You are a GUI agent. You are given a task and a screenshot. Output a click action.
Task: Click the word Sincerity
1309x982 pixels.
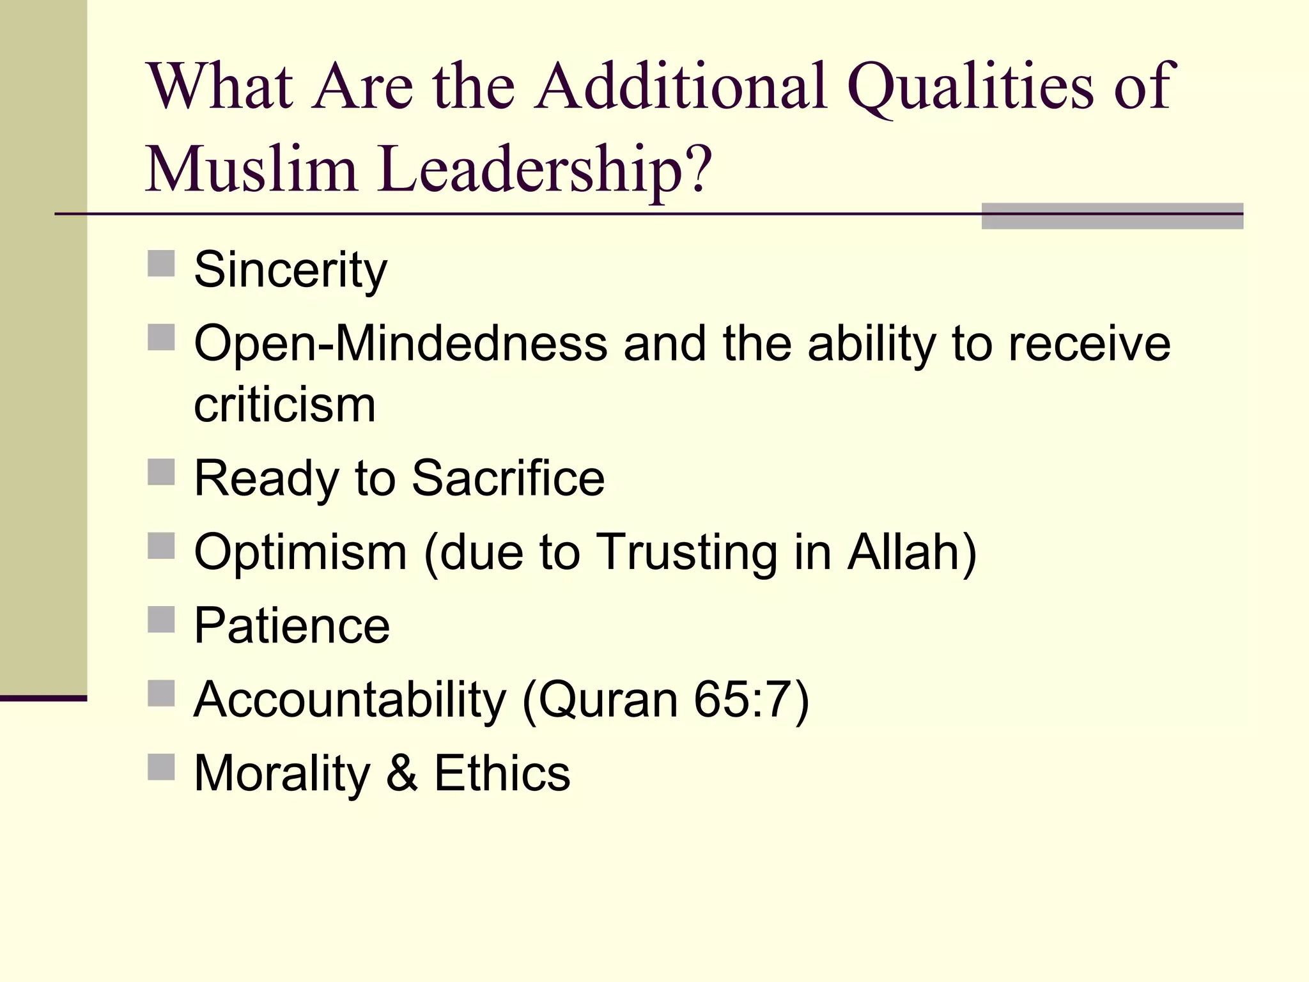tap(290, 270)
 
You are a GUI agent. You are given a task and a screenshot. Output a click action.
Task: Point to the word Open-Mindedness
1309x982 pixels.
tap(401, 344)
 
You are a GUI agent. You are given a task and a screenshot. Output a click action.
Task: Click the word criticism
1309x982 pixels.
tap(284, 405)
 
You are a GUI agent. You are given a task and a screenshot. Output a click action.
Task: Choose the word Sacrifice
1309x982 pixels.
tap(508, 478)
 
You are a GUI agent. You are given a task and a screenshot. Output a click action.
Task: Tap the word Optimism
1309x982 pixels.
tap(300, 552)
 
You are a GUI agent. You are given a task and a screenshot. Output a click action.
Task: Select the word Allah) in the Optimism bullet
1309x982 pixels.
tap(912, 552)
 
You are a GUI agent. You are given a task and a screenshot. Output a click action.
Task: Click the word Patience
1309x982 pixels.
tap(291, 625)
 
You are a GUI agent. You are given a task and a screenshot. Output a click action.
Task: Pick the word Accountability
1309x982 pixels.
tap(350, 699)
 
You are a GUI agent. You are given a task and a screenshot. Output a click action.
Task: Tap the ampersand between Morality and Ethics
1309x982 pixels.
tap(402, 773)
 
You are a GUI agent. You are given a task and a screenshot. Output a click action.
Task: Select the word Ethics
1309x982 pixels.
tap(502, 773)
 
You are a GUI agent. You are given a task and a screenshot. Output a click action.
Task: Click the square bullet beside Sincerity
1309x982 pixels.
tap(161, 263)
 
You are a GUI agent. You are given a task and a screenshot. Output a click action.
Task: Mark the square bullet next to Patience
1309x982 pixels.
tap(161, 619)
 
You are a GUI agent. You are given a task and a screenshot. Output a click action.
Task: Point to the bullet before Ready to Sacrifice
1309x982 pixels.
tap(161, 472)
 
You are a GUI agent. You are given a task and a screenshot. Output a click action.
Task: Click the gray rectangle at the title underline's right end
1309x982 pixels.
tap(1112, 216)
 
